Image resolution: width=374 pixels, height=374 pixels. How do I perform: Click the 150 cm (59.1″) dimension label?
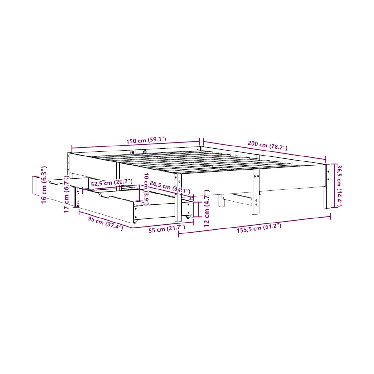coord(146,140)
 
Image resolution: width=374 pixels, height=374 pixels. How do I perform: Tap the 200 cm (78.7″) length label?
coord(267,146)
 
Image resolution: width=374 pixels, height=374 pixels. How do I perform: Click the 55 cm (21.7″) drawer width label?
coord(167,229)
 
